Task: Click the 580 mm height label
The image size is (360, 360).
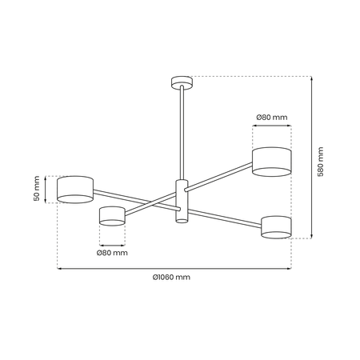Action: coord(321,162)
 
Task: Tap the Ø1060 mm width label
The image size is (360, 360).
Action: coord(171,278)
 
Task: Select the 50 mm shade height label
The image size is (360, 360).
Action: coord(37,188)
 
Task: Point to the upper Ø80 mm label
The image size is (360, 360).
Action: coord(272,118)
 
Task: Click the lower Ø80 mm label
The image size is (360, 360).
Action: coord(112,253)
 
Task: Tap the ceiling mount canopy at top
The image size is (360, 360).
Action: coord(182,82)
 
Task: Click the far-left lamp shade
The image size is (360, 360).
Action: coord(75,190)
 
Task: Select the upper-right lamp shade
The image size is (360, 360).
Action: coord(272,162)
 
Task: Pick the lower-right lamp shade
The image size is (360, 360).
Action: coord(276,227)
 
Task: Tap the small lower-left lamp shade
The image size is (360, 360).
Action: coord(112,216)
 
